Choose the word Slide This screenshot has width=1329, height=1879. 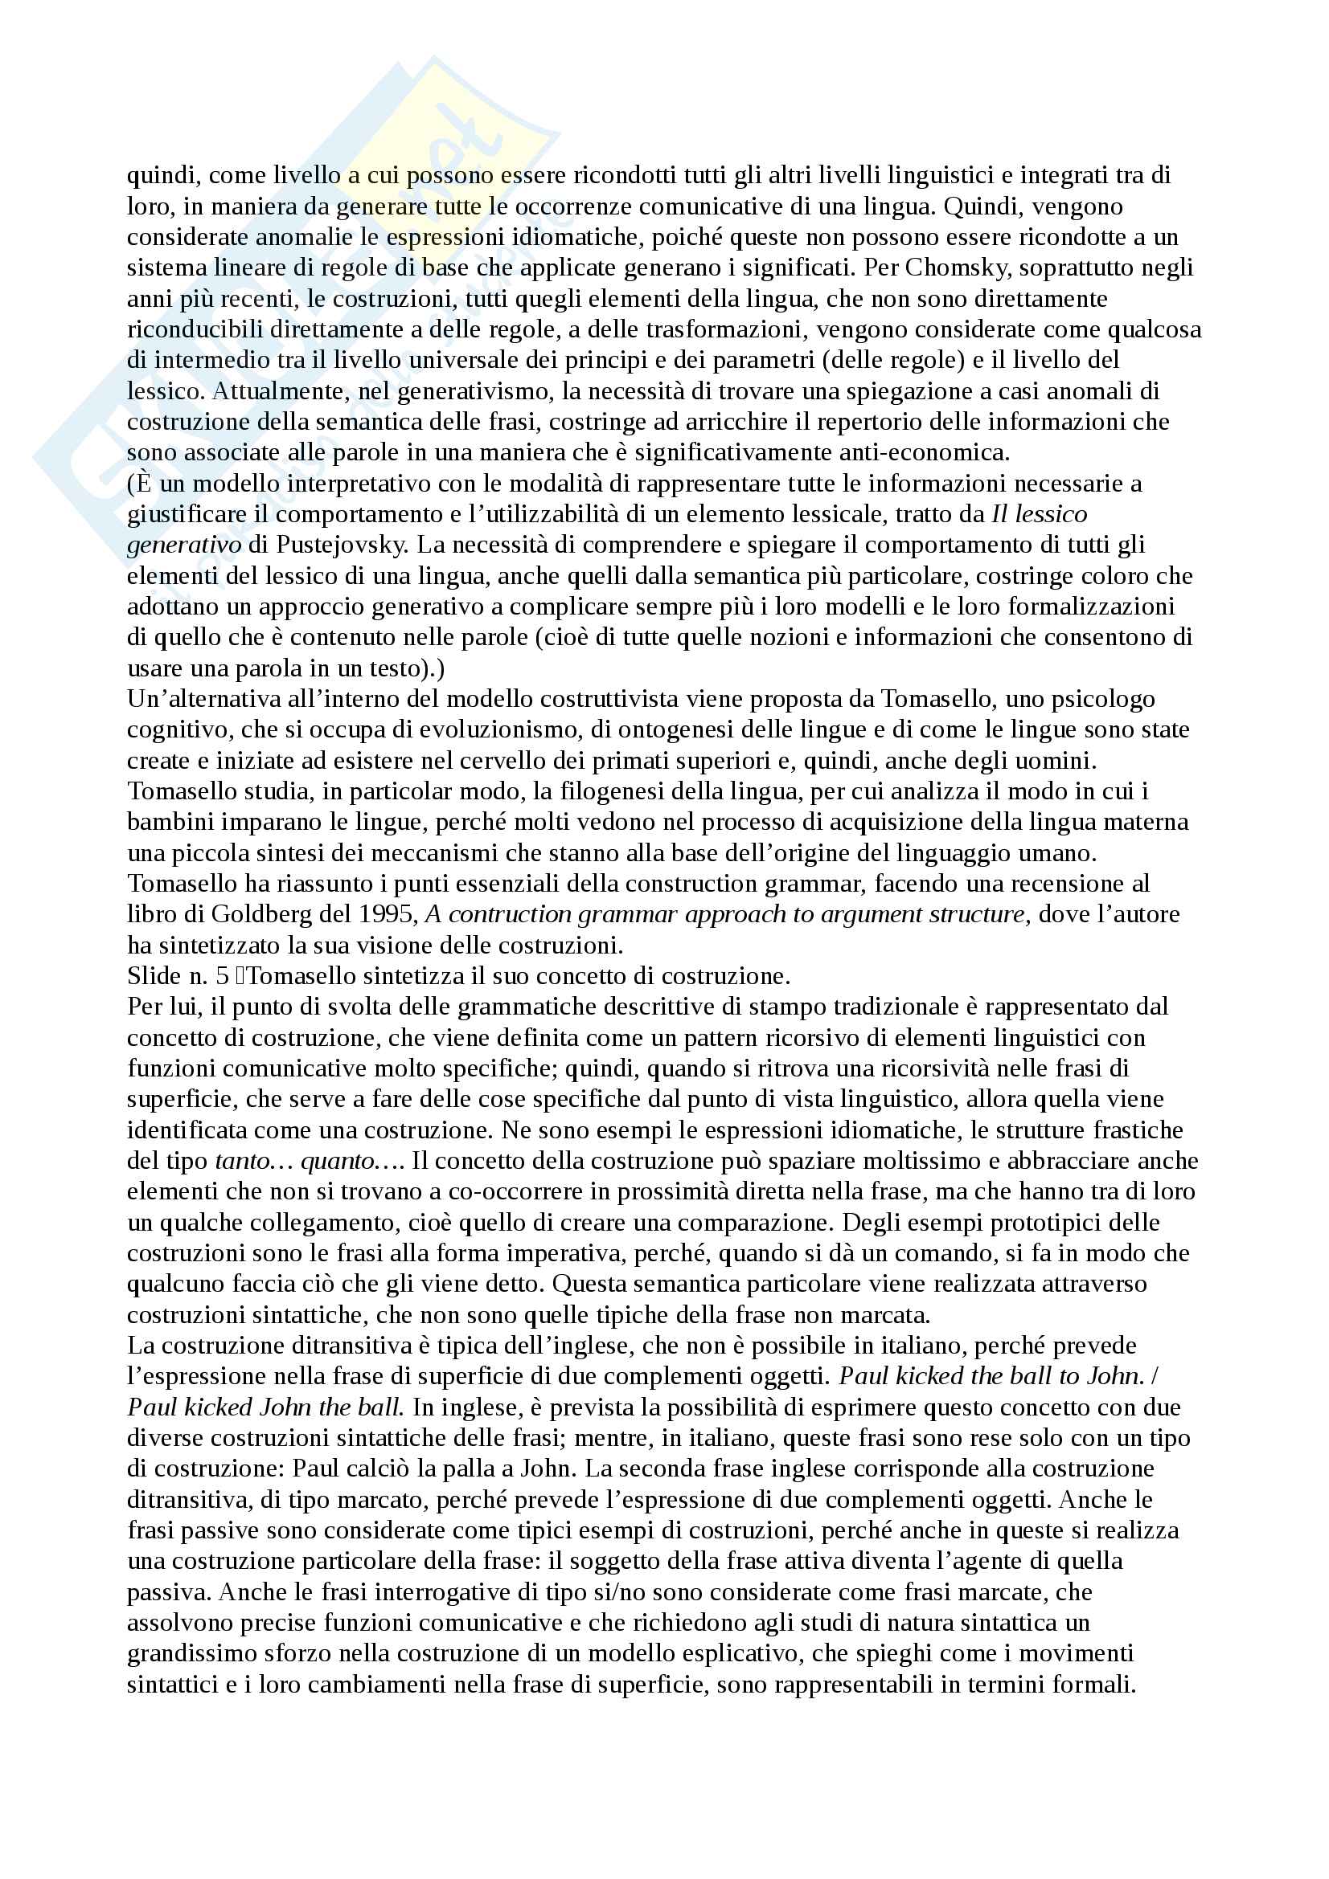coord(154,975)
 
